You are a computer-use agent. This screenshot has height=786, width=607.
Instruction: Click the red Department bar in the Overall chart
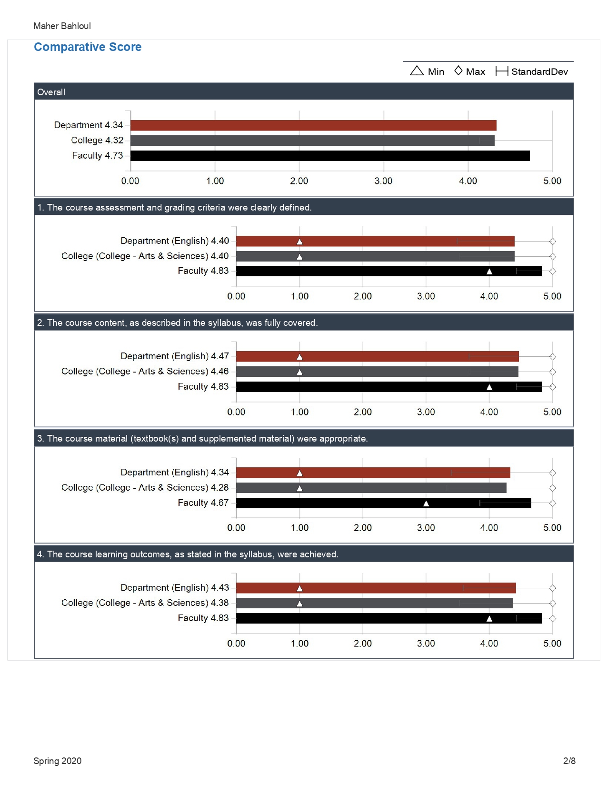[x=313, y=125]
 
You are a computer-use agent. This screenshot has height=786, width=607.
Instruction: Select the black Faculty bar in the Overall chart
[x=330, y=156]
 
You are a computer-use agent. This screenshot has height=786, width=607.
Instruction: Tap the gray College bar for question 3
[x=371, y=488]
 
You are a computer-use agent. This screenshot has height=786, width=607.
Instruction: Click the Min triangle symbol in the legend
[x=417, y=71]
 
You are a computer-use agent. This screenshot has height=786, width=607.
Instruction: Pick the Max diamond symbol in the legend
[x=458, y=71]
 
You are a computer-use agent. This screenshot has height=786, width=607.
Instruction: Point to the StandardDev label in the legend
[x=539, y=71]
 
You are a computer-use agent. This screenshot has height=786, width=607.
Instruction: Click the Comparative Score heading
[x=88, y=47]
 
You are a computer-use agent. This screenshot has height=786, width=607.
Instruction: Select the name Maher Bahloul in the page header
[x=62, y=26]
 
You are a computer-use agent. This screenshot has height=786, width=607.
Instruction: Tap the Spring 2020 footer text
[x=57, y=761]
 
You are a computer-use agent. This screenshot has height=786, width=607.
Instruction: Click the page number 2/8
[x=569, y=761]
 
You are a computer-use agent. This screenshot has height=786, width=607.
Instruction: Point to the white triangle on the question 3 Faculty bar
[x=426, y=503]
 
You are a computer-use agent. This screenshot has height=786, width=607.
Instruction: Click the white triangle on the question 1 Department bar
[x=299, y=241]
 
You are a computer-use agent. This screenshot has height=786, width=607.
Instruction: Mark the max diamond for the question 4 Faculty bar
[x=552, y=618]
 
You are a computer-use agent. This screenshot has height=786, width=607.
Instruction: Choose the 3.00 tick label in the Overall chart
[x=383, y=181]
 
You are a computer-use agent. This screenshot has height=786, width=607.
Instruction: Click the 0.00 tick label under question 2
[x=236, y=412]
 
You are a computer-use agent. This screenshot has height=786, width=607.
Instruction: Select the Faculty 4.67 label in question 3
[x=203, y=503]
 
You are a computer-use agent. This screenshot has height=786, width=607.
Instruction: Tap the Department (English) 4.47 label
[x=175, y=356]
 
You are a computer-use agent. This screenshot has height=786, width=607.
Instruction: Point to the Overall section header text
[x=51, y=92]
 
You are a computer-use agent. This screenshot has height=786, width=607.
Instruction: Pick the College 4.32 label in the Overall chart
[x=97, y=141]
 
